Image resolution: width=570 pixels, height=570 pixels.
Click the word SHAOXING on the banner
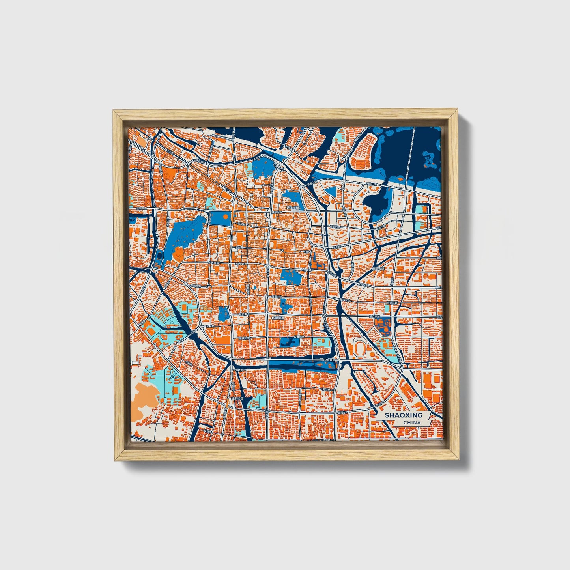pos(403,415)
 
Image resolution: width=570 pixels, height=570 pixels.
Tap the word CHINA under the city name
pos(411,423)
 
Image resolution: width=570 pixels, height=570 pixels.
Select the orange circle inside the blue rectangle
pos(225,216)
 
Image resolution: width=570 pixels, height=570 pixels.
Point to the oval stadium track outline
pos(360,348)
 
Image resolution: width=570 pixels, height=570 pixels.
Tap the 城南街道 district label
pos(237,399)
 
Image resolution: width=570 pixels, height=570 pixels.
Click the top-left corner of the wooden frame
pos(114,111)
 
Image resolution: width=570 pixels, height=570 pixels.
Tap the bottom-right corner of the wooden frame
pos(459,460)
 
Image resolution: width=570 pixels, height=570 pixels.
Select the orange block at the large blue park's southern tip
pos(178,254)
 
